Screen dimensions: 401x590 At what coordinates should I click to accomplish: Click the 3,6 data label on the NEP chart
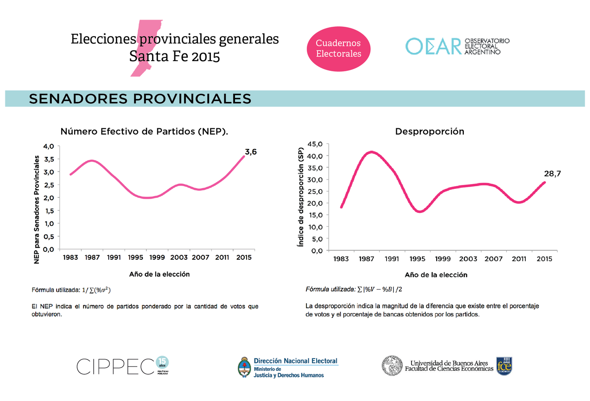(251, 152)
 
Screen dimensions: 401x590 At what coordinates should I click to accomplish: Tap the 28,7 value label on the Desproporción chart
(552, 174)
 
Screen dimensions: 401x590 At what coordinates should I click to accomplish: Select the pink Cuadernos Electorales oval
(338, 49)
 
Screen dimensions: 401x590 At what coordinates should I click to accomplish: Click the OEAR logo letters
(433, 46)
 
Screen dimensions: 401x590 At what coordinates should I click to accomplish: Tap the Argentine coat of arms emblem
(244, 367)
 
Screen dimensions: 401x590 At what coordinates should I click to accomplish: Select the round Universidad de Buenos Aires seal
(392, 366)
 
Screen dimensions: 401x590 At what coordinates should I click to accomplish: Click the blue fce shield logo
(504, 366)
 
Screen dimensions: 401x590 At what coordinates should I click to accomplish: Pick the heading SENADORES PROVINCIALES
(140, 98)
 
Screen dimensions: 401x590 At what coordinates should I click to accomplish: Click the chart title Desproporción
(429, 131)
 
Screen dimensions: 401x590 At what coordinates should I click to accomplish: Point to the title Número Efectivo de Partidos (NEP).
(144, 131)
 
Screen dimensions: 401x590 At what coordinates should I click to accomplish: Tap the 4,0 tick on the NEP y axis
(48, 146)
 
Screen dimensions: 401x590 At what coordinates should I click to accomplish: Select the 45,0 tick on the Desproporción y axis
(315, 144)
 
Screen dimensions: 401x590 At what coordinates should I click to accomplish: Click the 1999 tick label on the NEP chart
(157, 257)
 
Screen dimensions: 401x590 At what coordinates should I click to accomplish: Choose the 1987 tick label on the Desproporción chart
(367, 258)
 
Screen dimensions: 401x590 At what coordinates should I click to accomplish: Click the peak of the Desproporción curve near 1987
(371, 152)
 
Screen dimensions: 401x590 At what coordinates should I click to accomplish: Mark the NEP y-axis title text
(37, 209)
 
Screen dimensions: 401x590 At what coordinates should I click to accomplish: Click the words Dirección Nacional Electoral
(296, 361)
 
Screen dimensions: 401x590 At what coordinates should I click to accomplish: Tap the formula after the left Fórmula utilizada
(96, 290)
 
